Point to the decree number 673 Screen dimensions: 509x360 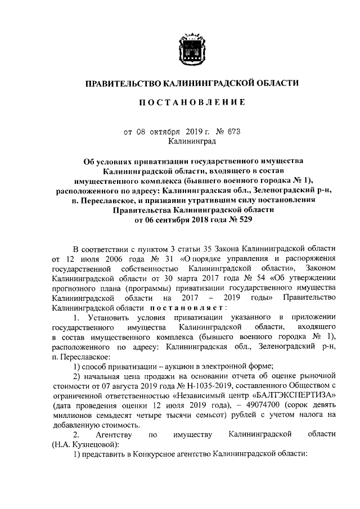(232, 132)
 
